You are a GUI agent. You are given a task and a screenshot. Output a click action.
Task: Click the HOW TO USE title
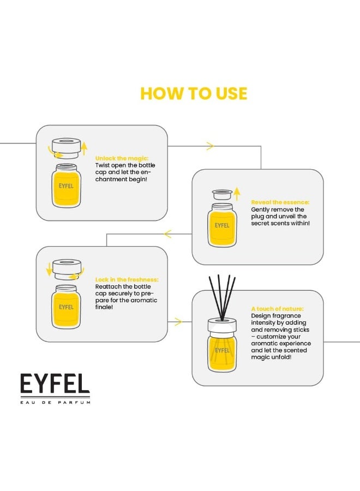click(194, 93)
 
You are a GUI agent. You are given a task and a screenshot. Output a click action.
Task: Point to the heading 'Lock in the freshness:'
click(127, 279)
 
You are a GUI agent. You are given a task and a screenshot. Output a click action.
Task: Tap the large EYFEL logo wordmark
click(55, 384)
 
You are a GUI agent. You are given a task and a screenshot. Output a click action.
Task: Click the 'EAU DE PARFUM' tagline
click(55, 402)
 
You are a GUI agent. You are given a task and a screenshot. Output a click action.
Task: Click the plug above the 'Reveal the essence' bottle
click(222, 195)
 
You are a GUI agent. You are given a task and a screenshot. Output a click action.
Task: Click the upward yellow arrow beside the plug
click(237, 193)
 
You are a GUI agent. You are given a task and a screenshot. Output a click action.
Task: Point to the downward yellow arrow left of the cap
click(49, 268)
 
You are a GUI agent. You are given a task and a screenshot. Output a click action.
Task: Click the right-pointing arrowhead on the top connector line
click(209, 146)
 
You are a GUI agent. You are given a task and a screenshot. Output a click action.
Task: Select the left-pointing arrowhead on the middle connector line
click(167, 234)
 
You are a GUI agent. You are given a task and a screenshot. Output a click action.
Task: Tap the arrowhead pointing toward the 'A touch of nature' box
click(177, 322)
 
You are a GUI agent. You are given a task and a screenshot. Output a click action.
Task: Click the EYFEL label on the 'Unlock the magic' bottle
click(66, 186)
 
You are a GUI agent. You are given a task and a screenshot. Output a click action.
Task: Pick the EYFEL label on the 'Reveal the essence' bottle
click(222, 225)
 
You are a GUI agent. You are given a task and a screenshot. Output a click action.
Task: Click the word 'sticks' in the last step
click(301, 330)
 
